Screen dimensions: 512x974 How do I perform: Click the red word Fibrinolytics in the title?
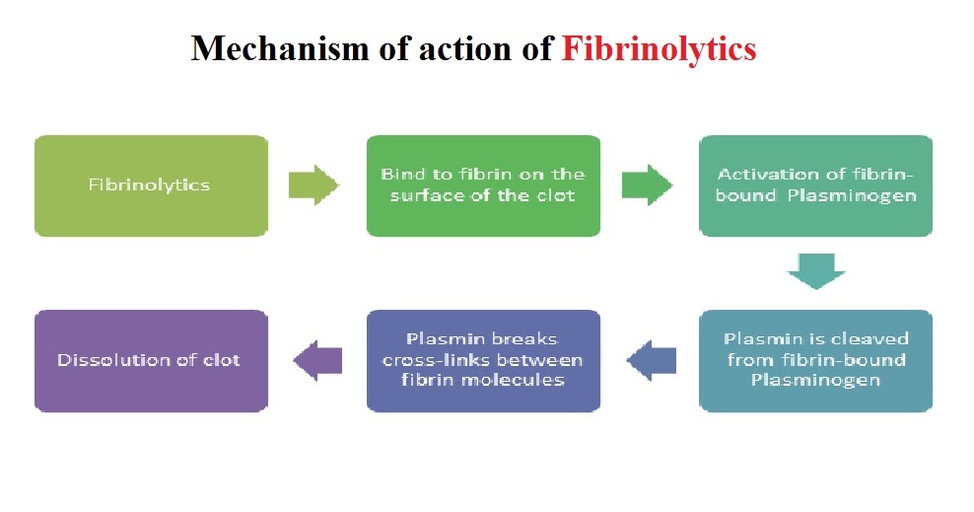click(659, 48)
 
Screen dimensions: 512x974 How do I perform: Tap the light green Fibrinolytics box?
click(151, 185)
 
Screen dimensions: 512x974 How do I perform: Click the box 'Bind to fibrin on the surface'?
click(483, 185)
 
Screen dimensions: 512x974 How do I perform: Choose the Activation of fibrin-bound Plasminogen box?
click(815, 185)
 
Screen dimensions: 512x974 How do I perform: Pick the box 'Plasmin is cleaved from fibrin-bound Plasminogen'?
click(815, 360)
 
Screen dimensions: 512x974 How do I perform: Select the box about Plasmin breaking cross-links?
click(483, 360)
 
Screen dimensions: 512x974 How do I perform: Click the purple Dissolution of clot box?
click(151, 360)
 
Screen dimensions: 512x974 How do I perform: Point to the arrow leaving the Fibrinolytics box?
click(313, 184)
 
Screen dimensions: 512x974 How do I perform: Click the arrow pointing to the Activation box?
click(647, 184)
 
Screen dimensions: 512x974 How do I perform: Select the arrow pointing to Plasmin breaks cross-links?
click(652, 359)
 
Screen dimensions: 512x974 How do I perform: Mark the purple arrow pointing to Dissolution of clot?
click(317, 359)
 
